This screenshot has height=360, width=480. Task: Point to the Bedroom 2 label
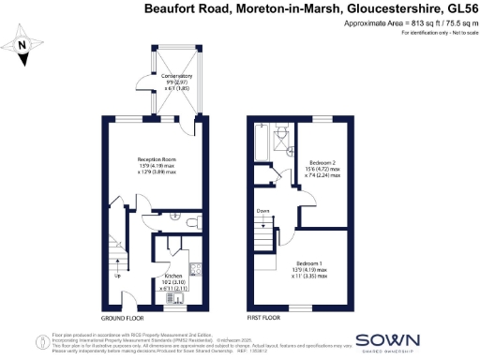pos(322,162)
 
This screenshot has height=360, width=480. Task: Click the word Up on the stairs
pos(117,277)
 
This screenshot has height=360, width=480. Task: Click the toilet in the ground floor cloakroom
pos(190,222)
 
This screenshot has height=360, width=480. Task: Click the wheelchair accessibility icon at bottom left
pos(40,342)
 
